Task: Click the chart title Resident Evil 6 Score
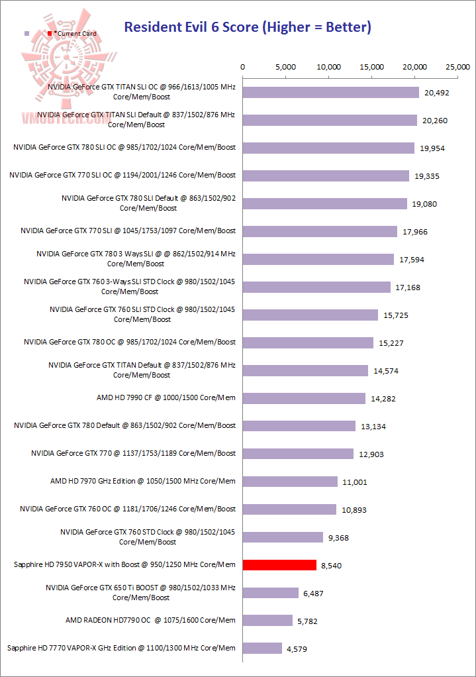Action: tap(248, 27)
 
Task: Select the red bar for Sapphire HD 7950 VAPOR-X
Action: tap(279, 565)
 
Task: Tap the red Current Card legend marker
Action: tap(50, 33)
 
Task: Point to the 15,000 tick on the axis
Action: tap(372, 67)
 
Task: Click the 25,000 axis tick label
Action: tap(458, 67)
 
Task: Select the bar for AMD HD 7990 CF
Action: tap(304, 398)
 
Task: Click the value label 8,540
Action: tap(332, 565)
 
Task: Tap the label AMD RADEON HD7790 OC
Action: tap(150, 620)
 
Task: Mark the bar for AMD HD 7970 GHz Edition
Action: tap(290, 482)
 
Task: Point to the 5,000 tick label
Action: tap(285, 67)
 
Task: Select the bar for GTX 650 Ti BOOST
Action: tap(271, 593)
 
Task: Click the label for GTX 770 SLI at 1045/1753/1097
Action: tap(128, 231)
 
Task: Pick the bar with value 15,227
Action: tap(308, 342)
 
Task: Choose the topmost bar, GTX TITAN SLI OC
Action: tap(331, 92)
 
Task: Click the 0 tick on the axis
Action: tap(243, 67)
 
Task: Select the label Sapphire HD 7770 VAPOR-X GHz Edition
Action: tap(120, 648)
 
